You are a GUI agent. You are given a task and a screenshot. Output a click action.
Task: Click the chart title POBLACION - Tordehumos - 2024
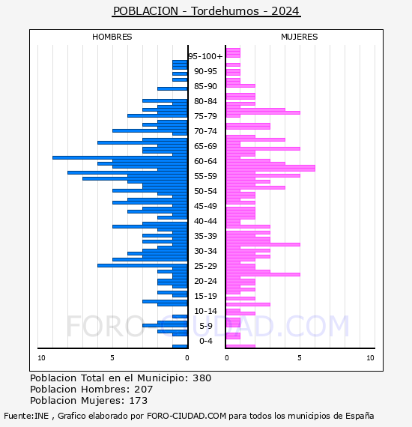click(x=206, y=11)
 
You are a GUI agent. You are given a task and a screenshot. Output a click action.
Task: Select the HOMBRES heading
click(x=112, y=37)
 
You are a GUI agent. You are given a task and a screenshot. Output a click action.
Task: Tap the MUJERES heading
click(x=300, y=37)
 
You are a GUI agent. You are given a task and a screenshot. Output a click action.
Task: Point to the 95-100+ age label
click(x=205, y=56)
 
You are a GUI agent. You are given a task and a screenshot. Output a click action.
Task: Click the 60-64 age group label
click(x=205, y=161)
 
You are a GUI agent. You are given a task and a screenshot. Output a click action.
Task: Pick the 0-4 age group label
click(x=205, y=341)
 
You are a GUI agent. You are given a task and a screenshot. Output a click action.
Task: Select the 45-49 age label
click(x=205, y=206)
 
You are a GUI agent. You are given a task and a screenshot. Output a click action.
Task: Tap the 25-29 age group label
click(x=205, y=266)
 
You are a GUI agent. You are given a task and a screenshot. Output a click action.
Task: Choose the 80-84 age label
click(x=205, y=101)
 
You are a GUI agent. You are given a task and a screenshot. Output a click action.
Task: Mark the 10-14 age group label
click(x=205, y=311)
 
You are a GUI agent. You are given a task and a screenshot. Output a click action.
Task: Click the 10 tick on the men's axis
click(x=41, y=358)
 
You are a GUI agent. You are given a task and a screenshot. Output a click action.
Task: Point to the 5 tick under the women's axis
click(x=300, y=358)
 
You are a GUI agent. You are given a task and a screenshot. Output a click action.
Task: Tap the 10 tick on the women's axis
click(x=370, y=358)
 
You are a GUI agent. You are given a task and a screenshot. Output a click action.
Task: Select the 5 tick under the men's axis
click(x=112, y=358)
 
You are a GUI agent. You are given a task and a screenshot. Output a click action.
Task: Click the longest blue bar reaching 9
click(x=120, y=157)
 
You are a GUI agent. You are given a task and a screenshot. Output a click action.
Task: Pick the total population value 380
click(x=202, y=378)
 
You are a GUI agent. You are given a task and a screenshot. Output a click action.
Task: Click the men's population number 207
click(x=144, y=389)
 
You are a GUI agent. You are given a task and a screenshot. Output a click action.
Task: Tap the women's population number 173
click(x=139, y=400)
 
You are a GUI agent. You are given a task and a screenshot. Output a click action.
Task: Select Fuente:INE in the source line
click(x=26, y=416)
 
